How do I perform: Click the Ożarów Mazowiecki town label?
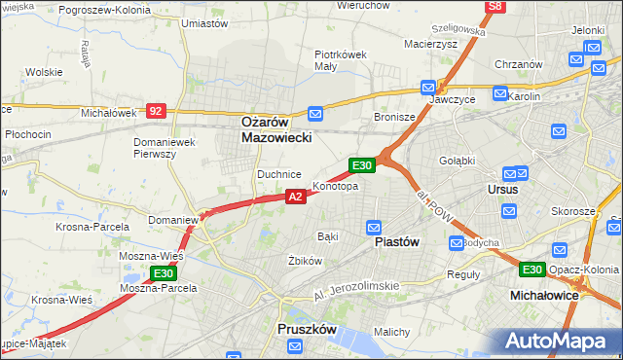(276, 130)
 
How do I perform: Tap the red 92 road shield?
(156, 111)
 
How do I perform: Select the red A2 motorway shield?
(297, 197)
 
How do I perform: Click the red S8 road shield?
(495, 6)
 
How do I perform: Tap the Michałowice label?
(545, 294)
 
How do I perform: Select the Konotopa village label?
(335, 186)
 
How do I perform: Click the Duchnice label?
(277, 173)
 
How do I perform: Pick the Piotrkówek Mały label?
(340, 60)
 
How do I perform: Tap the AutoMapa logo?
(559, 342)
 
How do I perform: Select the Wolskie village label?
(44, 72)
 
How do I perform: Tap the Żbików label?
(305, 261)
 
